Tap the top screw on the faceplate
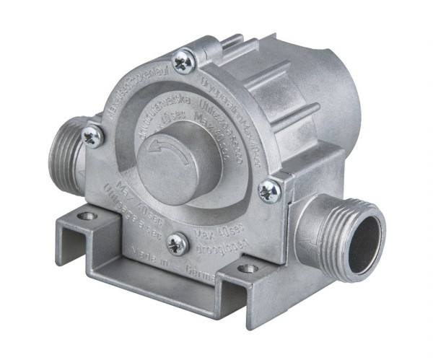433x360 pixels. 183,63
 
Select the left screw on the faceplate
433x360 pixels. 93,135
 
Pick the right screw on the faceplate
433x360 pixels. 270,190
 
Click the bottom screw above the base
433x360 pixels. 177,242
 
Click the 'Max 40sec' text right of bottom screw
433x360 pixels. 217,235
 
